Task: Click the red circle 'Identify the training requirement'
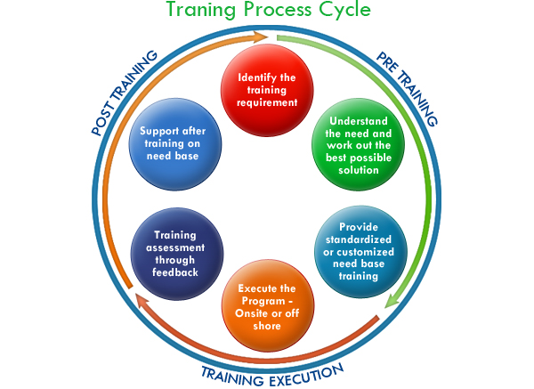pyautogui.click(x=267, y=90)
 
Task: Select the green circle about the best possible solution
pyautogui.click(x=359, y=144)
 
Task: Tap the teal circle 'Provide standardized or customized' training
pyautogui.click(x=360, y=252)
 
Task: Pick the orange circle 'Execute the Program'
pyautogui.click(x=268, y=305)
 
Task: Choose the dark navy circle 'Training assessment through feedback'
pyautogui.click(x=177, y=254)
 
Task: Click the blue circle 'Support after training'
pyautogui.click(x=175, y=144)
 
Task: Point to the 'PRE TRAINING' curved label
pyautogui.click(x=407, y=88)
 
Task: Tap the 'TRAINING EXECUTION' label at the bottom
pyautogui.click(x=272, y=376)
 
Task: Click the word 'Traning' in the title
pyautogui.click(x=200, y=9)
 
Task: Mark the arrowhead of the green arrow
pyautogui.click(x=392, y=301)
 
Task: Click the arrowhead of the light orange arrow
pyautogui.click(x=260, y=36)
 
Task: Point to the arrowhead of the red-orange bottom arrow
pyautogui.click(x=142, y=301)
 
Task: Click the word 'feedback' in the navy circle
pyautogui.click(x=175, y=272)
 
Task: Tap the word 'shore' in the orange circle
pyautogui.click(x=267, y=326)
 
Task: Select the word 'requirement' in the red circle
pyautogui.click(x=267, y=102)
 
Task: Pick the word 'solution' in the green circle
pyautogui.click(x=359, y=170)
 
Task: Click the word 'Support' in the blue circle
pyautogui.click(x=159, y=132)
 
